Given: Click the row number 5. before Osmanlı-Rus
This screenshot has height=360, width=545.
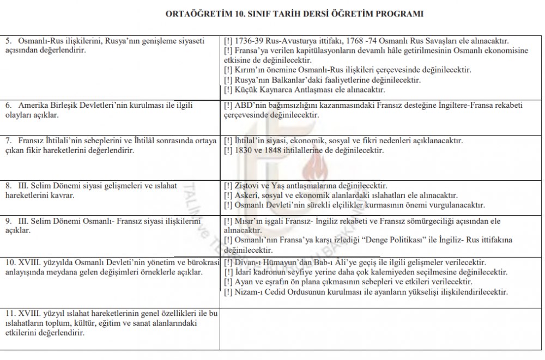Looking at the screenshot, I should tap(9, 41).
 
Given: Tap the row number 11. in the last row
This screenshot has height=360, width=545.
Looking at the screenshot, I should tap(11, 314).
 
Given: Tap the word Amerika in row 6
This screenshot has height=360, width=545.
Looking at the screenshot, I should tap(32, 106).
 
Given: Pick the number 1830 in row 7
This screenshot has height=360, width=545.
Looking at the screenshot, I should tap(243, 150).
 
